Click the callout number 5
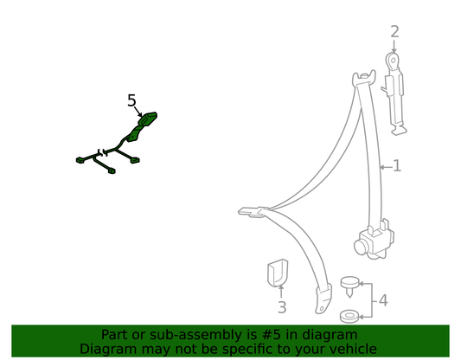pyautogui.click(x=132, y=100)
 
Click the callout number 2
pyautogui.click(x=394, y=32)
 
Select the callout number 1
pyautogui.click(x=397, y=165)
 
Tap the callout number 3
pyautogui.click(x=282, y=307)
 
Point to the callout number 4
pyautogui.click(x=383, y=300)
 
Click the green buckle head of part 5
pyautogui.click(x=148, y=119)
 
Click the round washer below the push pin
pyautogui.click(x=349, y=316)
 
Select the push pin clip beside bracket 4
pyautogui.click(x=349, y=286)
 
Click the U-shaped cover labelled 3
pyautogui.click(x=278, y=273)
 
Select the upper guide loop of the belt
pyautogui.click(x=364, y=78)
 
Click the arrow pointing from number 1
pyautogui.click(x=386, y=167)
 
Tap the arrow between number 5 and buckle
pyautogui.click(x=138, y=112)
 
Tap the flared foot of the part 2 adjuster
pyautogui.click(x=399, y=130)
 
